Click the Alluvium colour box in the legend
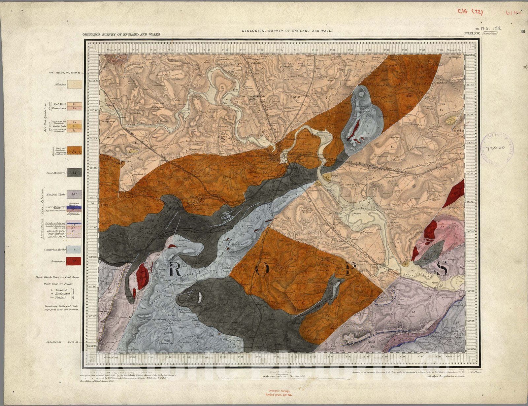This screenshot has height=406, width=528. (74, 85)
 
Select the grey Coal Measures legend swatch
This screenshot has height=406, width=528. (74, 172)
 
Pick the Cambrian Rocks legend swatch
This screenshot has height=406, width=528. (74, 250)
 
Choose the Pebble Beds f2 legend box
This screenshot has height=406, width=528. (75, 126)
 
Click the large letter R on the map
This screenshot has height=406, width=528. (175, 270)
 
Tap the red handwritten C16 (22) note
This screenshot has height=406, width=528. (470, 12)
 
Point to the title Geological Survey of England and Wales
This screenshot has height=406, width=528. (287, 31)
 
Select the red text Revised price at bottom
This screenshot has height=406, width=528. (280, 394)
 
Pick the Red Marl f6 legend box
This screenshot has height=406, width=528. (75, 104)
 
